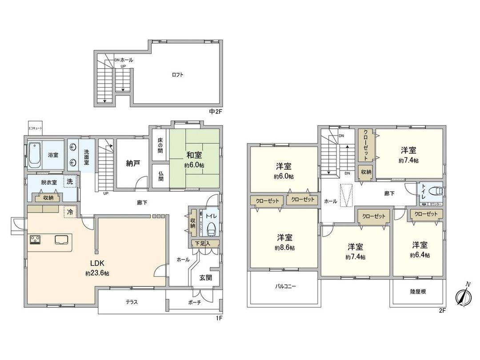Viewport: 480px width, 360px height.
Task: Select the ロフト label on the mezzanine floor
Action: pos(178,75)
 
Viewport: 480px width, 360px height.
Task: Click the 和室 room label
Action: pos(194,155)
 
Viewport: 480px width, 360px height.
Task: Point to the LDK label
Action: pos(97,262)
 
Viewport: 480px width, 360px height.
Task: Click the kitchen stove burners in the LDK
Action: pos(35,240)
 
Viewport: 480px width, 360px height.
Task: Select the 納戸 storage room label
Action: pos(133,163)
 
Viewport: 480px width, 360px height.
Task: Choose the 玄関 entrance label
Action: pos(205,277)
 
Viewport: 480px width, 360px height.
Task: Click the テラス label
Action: pos(131,302)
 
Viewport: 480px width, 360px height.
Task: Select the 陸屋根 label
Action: pos(417,292)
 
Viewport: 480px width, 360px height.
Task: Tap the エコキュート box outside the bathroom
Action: pos(35,128)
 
